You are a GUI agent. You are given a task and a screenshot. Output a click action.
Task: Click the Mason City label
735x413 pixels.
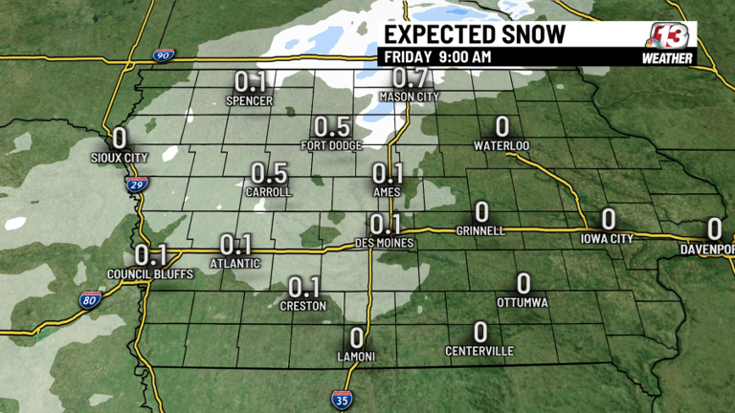click(409, 97)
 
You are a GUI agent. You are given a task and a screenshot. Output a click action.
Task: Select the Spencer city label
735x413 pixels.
click(249, 100)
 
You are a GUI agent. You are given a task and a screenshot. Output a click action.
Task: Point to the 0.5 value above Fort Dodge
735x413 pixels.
click(332, 127)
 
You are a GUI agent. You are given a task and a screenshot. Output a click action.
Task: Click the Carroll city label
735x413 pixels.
click(269, 192)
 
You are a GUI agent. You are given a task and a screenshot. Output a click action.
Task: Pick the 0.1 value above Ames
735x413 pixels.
click(388, 174)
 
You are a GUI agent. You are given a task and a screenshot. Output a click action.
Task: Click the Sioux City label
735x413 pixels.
click(118, 158)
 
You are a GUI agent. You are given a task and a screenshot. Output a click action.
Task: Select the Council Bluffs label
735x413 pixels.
click(149, 274)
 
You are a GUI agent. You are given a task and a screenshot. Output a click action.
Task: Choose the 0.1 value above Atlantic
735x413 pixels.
click(236, 245)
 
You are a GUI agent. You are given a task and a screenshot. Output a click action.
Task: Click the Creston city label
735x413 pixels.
click(303, 306)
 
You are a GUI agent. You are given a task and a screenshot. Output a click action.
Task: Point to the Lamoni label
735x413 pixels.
click(356, 357)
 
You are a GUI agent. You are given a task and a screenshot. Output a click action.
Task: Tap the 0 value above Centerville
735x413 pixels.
click(480, 333)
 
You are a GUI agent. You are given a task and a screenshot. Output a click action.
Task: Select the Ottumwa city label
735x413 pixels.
click(523, 303)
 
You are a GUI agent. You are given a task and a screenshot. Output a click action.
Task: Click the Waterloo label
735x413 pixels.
click(501, 145)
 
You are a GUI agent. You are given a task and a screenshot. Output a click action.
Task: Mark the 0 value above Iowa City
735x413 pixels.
click(608, 220)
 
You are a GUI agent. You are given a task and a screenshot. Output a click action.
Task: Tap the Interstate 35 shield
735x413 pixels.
click(341, 399)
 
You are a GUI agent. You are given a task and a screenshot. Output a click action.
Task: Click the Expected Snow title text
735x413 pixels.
click(475, 35)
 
